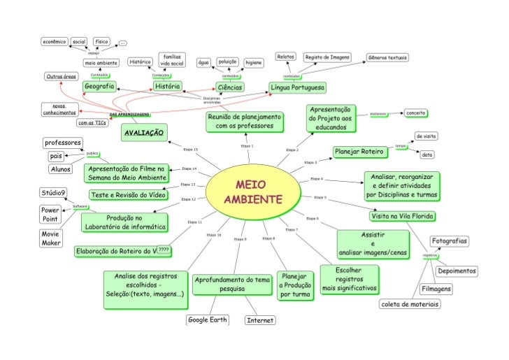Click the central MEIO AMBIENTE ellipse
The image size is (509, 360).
pos(253,191)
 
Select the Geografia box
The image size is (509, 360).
pos(99,87)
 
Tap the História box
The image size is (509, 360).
pos(168,87)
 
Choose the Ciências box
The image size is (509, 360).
pos(229,87)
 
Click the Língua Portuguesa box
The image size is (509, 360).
pos(298,87)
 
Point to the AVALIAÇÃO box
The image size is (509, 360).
pos(143,131)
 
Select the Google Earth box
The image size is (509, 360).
pos(208,319)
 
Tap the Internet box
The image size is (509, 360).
pos(260,320)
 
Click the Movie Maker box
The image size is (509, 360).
pos(50,238)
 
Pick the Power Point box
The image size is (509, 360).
pos(50,214)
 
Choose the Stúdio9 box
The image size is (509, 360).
pos(53,192)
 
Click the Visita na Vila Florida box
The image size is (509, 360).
pos(403,215)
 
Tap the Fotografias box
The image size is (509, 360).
pos(449,241)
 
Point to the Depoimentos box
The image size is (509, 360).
pos(457,271)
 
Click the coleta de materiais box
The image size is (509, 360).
pos(410,304)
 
